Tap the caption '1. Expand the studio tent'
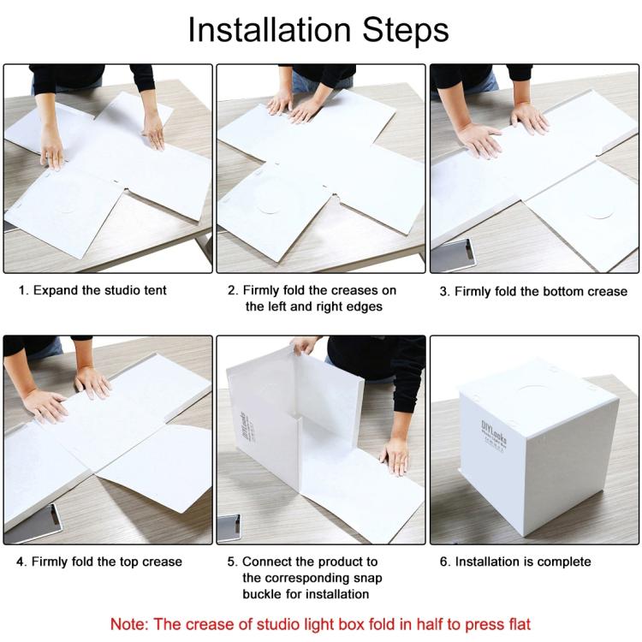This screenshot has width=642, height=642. pos(92,291)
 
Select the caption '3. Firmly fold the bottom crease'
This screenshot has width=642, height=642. pos(533,292)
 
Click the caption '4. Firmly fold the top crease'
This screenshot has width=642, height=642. pos(99,562)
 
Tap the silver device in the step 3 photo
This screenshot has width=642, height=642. pos(458,254)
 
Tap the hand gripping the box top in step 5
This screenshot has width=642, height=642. pos(305,345)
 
